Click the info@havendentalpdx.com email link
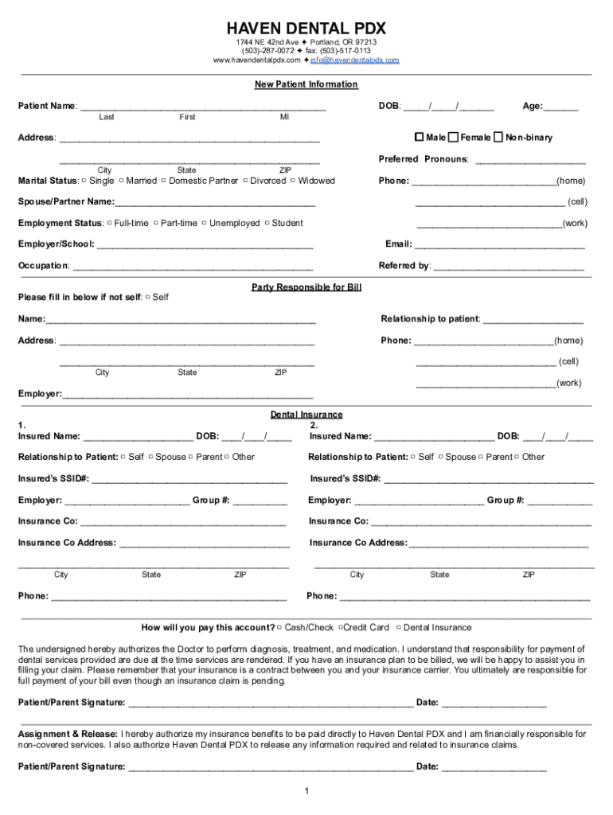point(354,60)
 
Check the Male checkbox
point(420,137)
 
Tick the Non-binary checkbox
point(498,137)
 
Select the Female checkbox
point(454,137)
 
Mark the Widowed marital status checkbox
point(293,181)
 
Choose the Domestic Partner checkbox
point(164,181)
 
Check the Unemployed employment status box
point(204,224)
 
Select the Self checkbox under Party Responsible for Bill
point(148,298)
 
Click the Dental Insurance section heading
point(306,415)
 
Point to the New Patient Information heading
point(306,84)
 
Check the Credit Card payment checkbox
point(338,628)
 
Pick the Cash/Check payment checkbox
point(279,628)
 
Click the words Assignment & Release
point(68,734)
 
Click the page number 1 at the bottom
point(306,791)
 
